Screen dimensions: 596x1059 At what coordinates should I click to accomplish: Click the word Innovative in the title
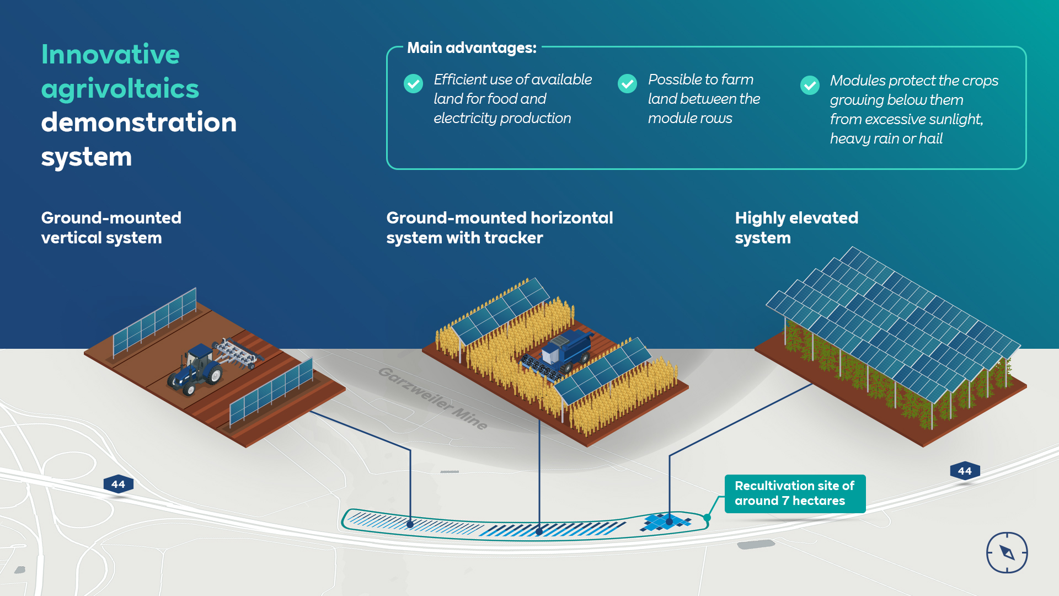point(110,55)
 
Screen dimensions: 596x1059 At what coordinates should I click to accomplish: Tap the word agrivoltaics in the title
point(120,89)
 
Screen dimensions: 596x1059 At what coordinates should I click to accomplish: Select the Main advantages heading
point(472,48)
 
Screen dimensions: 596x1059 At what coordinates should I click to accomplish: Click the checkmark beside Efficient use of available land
point(413,84)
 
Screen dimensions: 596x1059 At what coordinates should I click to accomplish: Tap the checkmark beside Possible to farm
point(627,84)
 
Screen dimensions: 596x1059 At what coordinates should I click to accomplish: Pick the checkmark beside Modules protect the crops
point(810,85)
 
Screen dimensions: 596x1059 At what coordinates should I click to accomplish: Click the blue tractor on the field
point(196,369)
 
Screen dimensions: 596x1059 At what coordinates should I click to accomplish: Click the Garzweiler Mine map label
point(433,397)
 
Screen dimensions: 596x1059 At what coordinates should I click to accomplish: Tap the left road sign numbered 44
point(118,485)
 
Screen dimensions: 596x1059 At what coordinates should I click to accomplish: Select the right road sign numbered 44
point(965,471)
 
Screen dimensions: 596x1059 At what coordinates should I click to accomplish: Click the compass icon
point(1007,552)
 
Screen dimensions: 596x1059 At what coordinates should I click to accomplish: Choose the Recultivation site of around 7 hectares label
point(794,493)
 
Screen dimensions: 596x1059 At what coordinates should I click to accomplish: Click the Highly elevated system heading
point(796,227)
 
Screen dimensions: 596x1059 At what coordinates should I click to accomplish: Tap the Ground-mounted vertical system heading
point(111,227)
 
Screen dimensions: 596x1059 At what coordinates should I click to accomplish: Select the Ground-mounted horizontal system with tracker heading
point(499,227)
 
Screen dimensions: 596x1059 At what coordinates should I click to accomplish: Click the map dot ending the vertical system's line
point(410,524)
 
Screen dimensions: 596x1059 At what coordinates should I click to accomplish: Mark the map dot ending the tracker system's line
point(539,532)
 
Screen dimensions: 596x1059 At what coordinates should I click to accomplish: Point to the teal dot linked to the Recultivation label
point(707,518)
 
